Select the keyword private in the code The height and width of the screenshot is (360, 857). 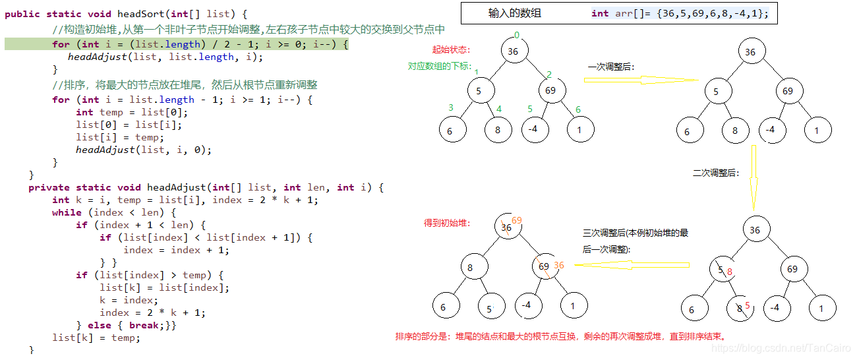pyautogui.click(x=49, y=187)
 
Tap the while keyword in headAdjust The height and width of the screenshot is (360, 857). pyautogui.click(x=67, y=212)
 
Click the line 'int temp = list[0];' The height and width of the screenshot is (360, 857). pyautogui.click(x=119, y=112)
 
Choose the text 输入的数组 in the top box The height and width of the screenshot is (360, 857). pyautogui.click(x=514, y=13)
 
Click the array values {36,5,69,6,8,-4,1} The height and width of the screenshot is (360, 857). pyautogui.click(x=713, y=13)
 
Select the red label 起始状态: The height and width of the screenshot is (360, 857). pyautogui.click(x=452, y=49)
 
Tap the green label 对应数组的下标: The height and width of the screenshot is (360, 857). pyautogui.click(x=439, y=66)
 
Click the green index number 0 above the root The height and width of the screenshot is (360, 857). pyautogui.click(x=517, y=35)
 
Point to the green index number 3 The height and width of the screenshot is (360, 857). pyautogui.click(x=451, y=108)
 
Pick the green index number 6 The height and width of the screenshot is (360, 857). pyautogui.click(x=578, y=109)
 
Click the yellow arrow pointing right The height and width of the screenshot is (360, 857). pyautogui.click(x=639, y=80)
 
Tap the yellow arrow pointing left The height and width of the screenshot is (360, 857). pyautogui.click(x=632, y=265)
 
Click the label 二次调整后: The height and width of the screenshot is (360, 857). pyautogui.click(x=716, y=173)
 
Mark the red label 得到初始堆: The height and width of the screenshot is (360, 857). pyautogui.click(x=446, y=223)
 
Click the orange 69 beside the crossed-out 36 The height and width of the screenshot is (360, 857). pyautogui.click(x=517, y=220)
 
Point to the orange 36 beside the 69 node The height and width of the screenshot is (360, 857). pyautogui.click(x=559, y=266)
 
